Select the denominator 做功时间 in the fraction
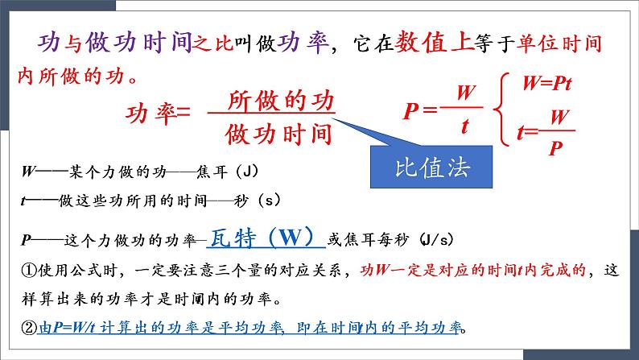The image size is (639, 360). [279, 132]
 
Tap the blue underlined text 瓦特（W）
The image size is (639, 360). [265, 239]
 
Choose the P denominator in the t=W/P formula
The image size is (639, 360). [554, 149]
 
